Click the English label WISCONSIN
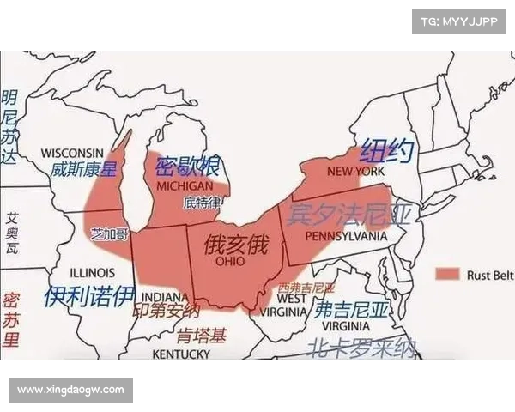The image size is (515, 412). (72, 153)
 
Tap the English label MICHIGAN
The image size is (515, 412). (185, 186)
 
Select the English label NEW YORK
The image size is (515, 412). (355, 172)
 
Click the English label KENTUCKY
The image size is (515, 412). (181, 354)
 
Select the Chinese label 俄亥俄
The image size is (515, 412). (235, 244)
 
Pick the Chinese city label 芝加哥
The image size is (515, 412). (109, 233)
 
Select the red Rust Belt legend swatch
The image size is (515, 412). (446, 275)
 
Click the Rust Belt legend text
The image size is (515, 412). (488, 275)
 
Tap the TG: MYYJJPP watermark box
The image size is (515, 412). (459, 20)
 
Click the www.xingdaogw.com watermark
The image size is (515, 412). (71, 391)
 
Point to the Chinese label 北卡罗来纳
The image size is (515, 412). (361, 347)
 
